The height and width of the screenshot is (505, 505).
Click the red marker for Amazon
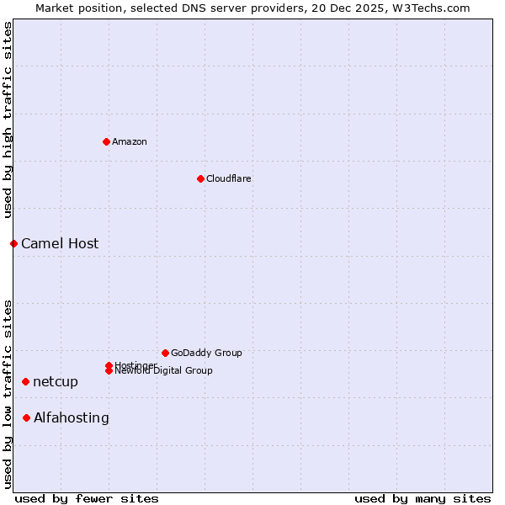(x=106, y=141)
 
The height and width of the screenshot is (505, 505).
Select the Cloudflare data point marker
(x=200, y=178)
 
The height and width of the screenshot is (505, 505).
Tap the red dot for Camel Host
(x=13, y=243)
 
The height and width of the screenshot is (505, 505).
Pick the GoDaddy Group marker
(x=165, y=353)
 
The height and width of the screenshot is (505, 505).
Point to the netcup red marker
(x=25, y=381)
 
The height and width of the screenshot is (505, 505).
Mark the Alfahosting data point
(x=26, y=417)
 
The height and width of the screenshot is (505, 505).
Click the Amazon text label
(x=130, y=141)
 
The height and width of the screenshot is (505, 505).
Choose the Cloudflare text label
(x=228, y=178)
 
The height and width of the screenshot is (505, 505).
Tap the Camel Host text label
(x=60, y=244)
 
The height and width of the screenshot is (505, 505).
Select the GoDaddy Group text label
(x=206, y=353)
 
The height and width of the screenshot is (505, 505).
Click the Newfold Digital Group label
(x=164, y=371)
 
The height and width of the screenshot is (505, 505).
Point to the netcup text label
(x=56, y=382)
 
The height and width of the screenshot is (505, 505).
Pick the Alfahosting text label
(x=72, y=418)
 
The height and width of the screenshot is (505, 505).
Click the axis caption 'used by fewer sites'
(x=87, y=498)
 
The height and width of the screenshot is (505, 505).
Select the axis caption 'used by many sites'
(x=423, y=498)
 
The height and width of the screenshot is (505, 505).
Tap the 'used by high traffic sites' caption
(x=8, y=120)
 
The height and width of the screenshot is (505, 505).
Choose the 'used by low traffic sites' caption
(x=8, y=393)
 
